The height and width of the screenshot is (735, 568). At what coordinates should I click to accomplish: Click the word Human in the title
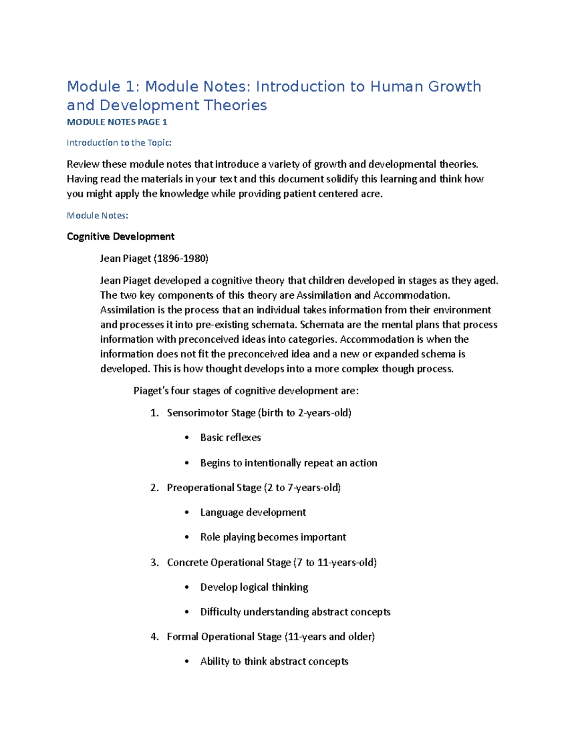click(397, 87)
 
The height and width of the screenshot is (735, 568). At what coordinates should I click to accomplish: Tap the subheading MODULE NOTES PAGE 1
click(117, 122)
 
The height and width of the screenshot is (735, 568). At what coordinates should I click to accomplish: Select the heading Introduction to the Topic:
click(119, 142)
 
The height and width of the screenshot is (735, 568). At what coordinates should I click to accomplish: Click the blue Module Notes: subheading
click(98, 215)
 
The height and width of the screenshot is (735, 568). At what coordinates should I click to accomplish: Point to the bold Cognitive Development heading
click(121, 237)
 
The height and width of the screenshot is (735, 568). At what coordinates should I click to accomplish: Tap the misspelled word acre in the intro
click(371, 194)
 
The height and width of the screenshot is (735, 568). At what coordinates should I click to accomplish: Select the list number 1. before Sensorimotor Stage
click(154, 413)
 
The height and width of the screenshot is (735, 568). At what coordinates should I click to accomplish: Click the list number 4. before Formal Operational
click(154, 637)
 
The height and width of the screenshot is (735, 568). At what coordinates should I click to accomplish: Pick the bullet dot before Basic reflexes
click(187, 438)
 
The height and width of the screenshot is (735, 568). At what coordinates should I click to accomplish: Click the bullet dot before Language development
click(187, 513)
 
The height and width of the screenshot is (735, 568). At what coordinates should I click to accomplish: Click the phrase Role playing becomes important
click(273, 537)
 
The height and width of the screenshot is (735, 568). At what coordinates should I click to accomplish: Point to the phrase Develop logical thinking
click(254, 587)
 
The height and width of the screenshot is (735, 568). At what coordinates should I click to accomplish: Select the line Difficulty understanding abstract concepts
click(295, 612)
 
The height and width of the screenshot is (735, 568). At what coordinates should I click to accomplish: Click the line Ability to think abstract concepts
click(274, 661)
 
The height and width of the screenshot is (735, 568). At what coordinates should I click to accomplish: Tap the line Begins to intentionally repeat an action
click(289, 463)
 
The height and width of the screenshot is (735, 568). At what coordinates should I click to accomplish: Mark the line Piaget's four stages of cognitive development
click(246, 391)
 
